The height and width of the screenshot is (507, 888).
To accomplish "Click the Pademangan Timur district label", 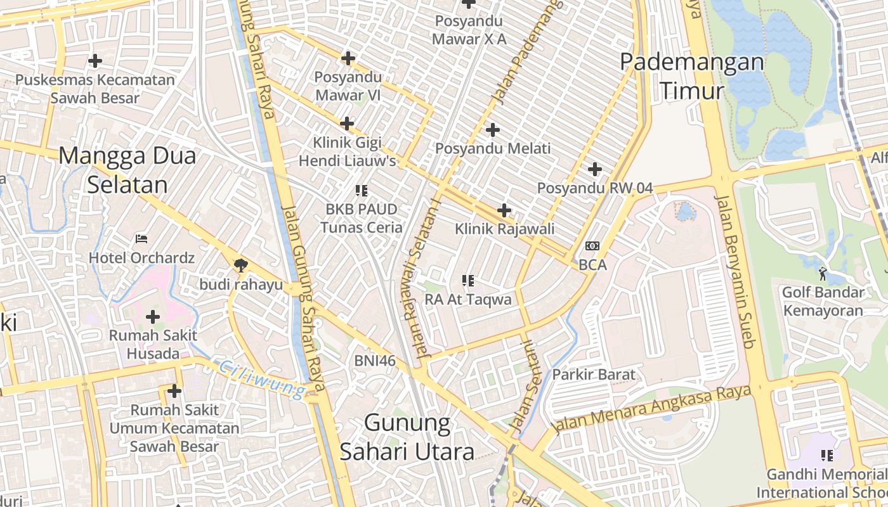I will (x=691, y=76).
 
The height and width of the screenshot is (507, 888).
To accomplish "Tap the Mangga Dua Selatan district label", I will (x=127, y=170).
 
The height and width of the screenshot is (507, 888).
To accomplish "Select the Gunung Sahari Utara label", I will (x=407, y=437).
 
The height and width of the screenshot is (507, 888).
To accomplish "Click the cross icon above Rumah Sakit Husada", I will (x=153, y=316).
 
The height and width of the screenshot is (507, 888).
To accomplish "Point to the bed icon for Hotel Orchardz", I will (x=141, y=239).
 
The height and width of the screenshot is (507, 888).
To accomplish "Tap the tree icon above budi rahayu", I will (x=241, y=266).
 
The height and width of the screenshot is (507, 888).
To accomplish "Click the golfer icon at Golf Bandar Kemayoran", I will (x=823, y=274).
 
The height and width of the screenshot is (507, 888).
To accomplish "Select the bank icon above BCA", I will (x=592, y=245).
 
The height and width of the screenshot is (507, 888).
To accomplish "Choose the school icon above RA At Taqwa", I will (x=468, y=280).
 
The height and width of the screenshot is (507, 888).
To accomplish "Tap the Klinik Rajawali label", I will (x=505, y=229).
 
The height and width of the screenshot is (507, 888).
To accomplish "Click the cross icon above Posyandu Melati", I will (x=492, y=130).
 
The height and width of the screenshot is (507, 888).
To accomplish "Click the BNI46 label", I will (x=375, y=361).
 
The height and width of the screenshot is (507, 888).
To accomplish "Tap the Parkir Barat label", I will (x=594, y=374).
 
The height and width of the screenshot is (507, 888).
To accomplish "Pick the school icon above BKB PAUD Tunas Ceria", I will (x=362, y=190).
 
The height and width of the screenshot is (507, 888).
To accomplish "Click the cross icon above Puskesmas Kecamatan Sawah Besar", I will (x=95, y=61).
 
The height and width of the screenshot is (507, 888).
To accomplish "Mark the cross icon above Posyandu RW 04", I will (x=595, y=169).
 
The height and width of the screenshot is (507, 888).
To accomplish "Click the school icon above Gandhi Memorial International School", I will (x=827, y=455).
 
